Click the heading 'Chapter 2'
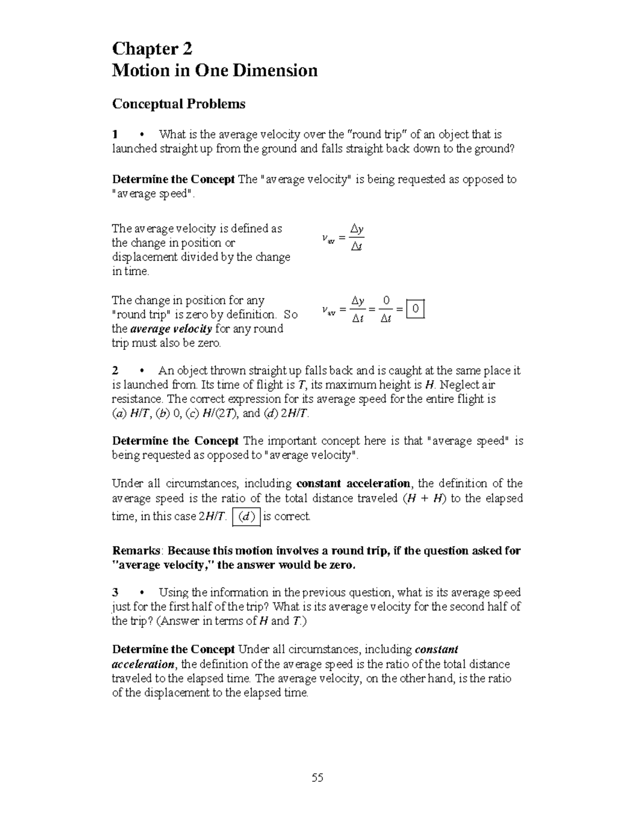tap(152, 49)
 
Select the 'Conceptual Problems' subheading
tap(178, 104)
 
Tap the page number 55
tap(317, 778)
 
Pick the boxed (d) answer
tap(246, 517)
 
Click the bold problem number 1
tap(115, 134)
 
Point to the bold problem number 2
tap(115, 371)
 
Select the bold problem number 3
tap(115, 592)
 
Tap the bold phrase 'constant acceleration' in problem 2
tap(353, 483)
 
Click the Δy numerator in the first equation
tap(358, 229)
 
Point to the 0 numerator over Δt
tap(386, 301)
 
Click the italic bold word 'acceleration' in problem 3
tap(143, 664)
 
